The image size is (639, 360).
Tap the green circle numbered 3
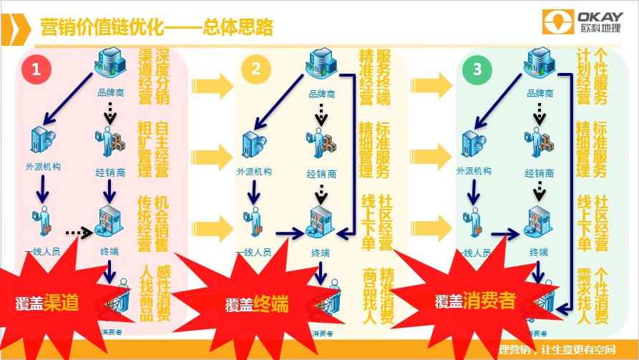tap(473, 69)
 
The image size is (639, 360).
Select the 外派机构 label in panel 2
tap(254, 171)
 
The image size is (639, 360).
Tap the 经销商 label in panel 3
tap(540, 173)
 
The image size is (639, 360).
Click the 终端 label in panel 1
tap(109, 250)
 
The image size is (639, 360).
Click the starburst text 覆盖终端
tap(257, 303)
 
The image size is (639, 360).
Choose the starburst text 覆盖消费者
tap(475, 301)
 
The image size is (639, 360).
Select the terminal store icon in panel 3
tap(542, 222)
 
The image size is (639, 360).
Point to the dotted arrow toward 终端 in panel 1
tap(79, 232)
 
